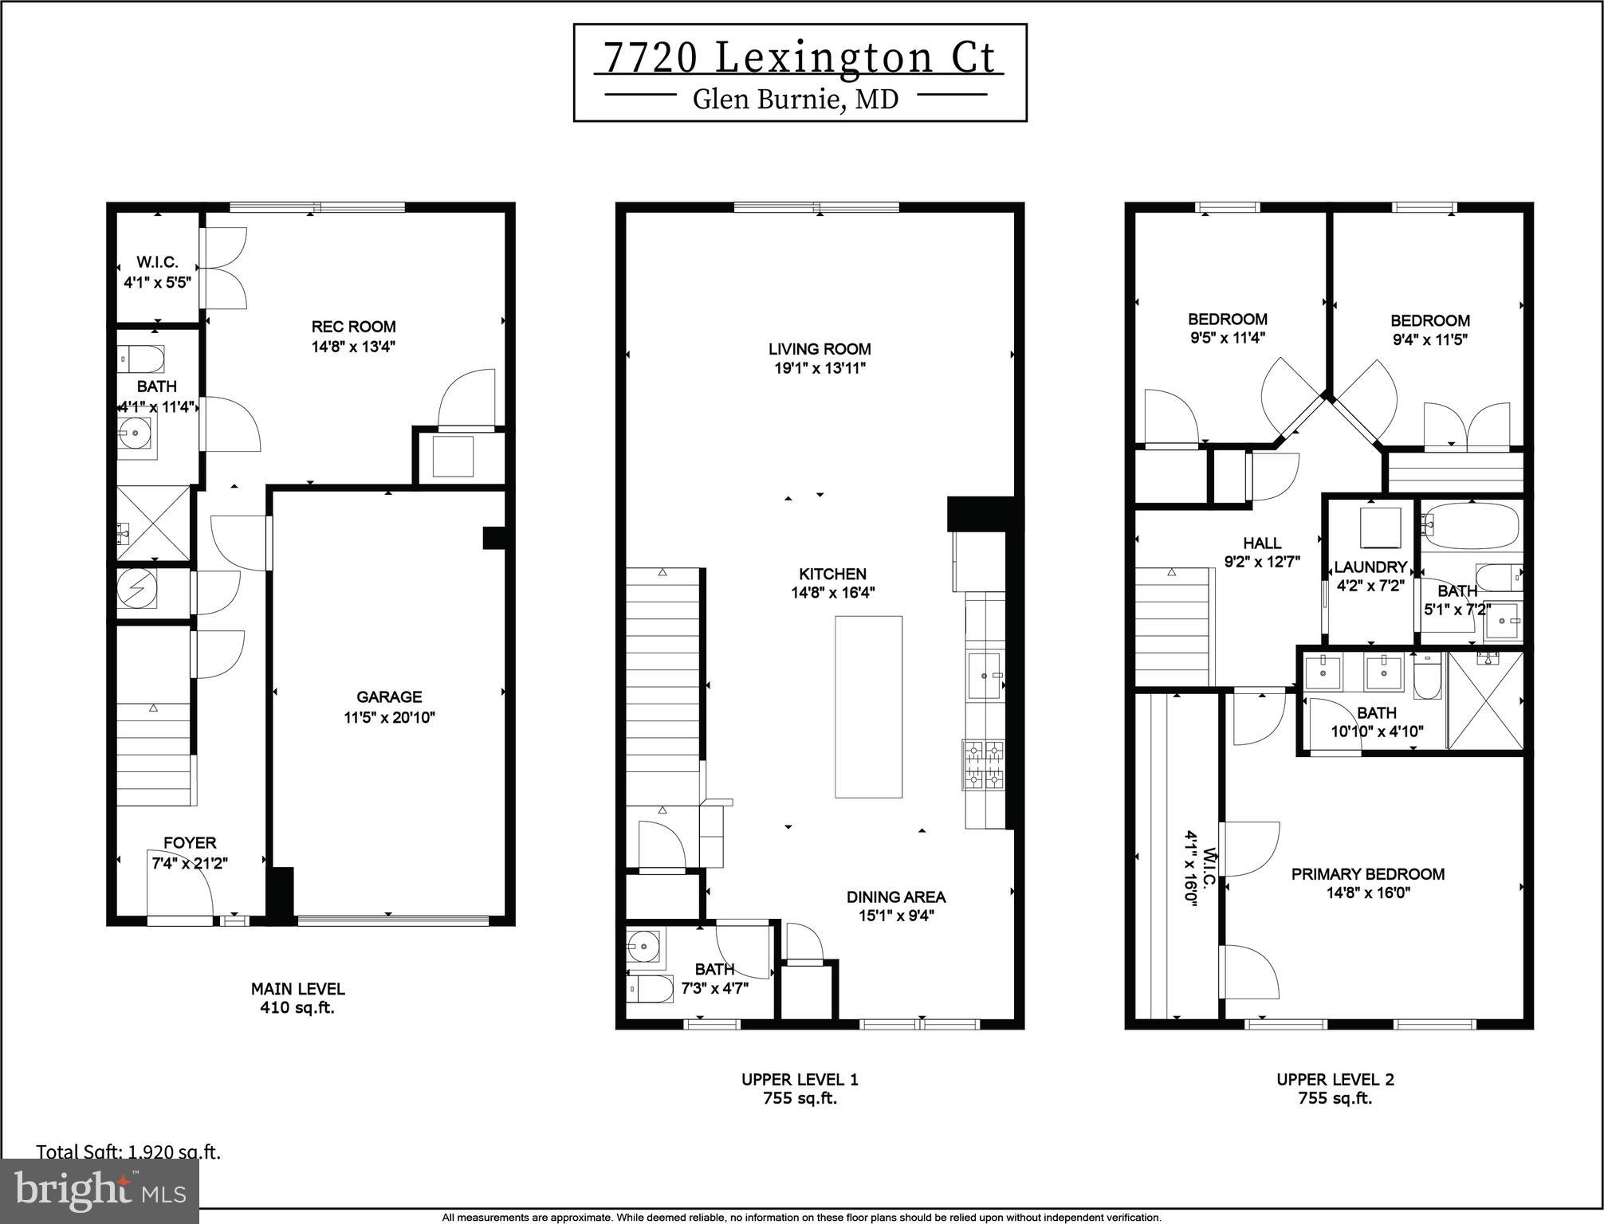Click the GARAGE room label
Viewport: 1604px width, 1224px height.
pyautogui.click(x=389, y=696)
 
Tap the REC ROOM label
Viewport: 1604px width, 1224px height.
pyautogui.click(x=353, y=327)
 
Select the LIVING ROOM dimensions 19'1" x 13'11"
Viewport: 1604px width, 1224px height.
pyautogui.click(x=820, y=368)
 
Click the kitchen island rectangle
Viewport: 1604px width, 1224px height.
pyautogui.click(x=868, y=706)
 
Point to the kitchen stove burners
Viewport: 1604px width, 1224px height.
pyautogui.click(x=984, y=764)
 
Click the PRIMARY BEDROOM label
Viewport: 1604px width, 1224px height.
pyautogui.click(x=1367, y=874)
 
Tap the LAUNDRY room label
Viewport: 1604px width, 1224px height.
pyautogui.click(x=1370, y=567)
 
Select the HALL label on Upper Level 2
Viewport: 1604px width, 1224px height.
pyautogui.click(x=1262, y=543)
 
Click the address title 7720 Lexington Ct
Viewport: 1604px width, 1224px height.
pyautogui.click(x=799, y=58)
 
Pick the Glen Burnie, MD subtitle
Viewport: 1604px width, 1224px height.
pyautogui.click(x=796, y=99)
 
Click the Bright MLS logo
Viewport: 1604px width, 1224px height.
pyautogui.click(x=100, y=1191)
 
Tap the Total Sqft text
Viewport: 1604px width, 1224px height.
pyautogui.click(x=128, y=1151)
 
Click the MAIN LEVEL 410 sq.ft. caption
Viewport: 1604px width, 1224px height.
pyautogui.click(x=297, y=998)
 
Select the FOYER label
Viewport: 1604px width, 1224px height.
pyautogui.click(x=190, y=842)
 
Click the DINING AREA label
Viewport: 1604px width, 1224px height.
pyautogui.click(x=896, y=896)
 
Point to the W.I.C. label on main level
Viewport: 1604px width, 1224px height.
pyautogui.click(x=157, y=262)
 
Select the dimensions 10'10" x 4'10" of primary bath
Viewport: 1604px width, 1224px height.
pyautogui.click(x=1377, y=731)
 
